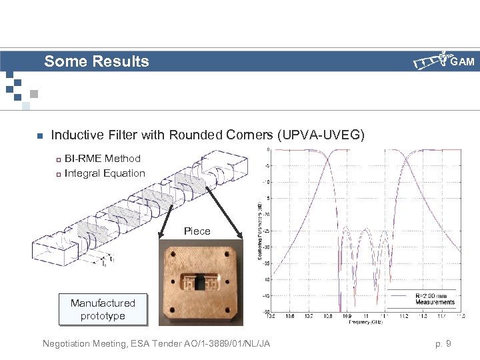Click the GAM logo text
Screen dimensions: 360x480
click(462, 63)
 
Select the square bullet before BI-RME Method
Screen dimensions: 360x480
click(58, 159)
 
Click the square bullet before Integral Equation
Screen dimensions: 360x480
click(58, 174)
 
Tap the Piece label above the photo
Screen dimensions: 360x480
click(197, 231)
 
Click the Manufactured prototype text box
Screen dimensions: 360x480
click(103, 309)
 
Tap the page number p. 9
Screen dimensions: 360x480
click(443, 344)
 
